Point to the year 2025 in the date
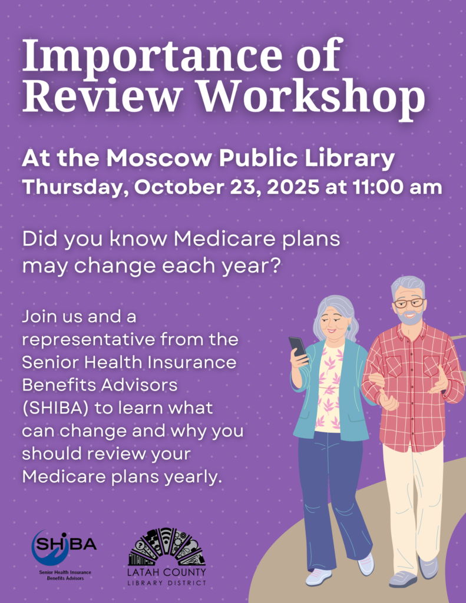[x=293, y=187]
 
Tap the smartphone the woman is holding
[x=298, y=349]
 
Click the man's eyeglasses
[x=409, y=302]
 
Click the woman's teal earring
[x=349, y=329]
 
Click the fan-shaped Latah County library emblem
[x=167, y=546]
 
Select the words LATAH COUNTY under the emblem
[x=167, y=572]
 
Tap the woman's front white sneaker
[x=319, y=577]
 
